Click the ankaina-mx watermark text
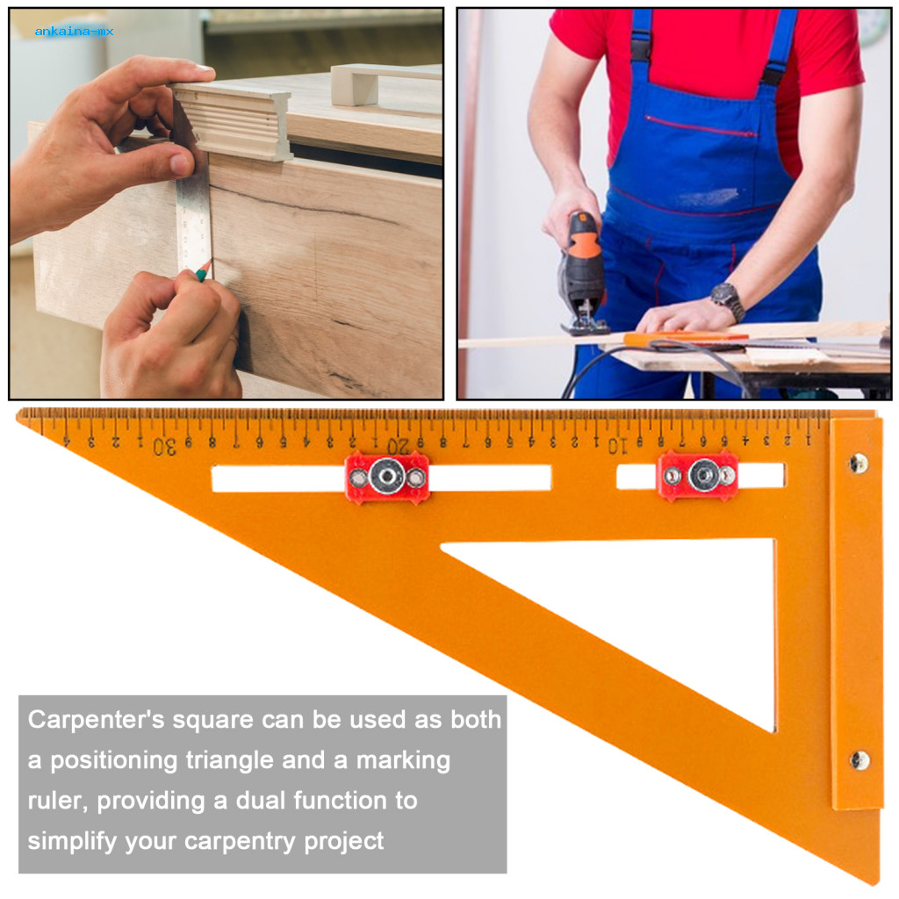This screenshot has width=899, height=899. point(74,32)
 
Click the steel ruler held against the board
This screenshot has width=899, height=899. point(193,211)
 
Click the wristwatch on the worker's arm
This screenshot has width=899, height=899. point(728,300)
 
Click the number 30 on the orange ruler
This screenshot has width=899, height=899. point(164,446)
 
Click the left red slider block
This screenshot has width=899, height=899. point(387,478)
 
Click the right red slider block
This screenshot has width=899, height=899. point(699,475)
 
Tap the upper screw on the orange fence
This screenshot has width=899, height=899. point(857,463)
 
